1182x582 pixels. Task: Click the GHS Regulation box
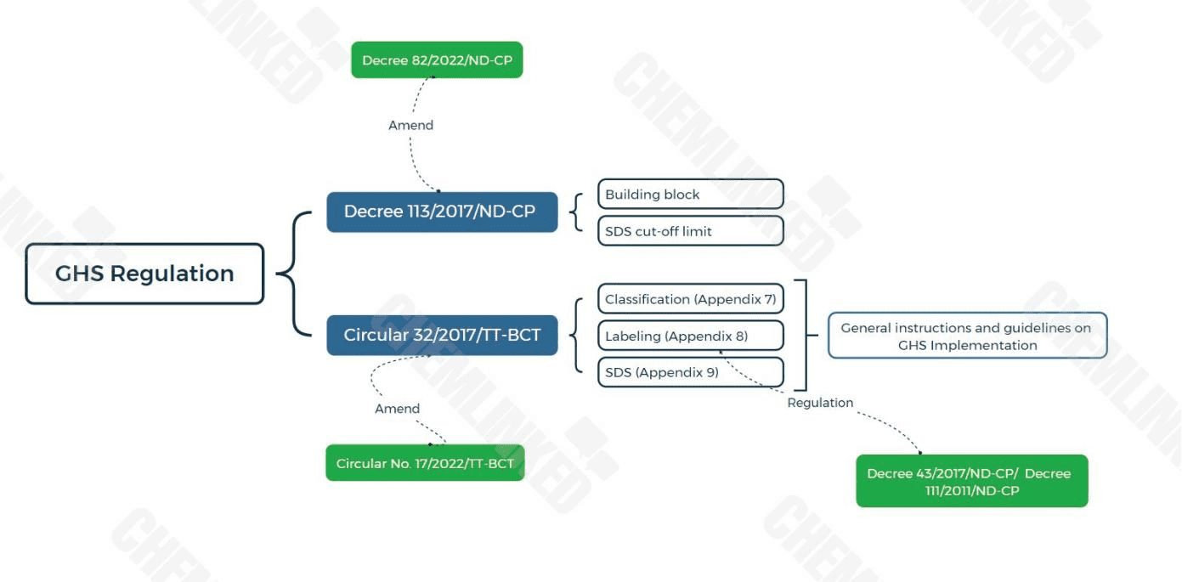tap(144, 274)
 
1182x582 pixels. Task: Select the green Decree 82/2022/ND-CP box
tap(437, 60)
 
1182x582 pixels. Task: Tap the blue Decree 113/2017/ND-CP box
tap(442, 212)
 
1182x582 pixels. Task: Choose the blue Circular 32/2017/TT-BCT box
tap(442, 335)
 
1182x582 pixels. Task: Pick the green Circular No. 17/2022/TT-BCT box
tap(425, 463)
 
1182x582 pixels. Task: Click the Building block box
tap(690, 195)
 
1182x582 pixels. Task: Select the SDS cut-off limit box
tap(690, 231)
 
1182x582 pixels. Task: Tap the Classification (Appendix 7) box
tap(690, 299)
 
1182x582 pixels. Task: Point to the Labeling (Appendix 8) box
tap(690, 336)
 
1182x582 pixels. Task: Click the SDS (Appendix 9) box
tap(690, 372)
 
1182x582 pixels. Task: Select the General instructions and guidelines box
tap(967, 336)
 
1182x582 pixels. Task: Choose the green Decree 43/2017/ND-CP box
tap(971, 482)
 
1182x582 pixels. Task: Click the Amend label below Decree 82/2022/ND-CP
tap(410, 125)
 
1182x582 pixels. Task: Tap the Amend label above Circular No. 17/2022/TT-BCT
tap(397, 409)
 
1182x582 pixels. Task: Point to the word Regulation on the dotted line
tap(820, 403)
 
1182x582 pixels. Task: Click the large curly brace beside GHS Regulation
tap(293, 274)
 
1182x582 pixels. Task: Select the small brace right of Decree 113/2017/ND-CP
tap(579, 212)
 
